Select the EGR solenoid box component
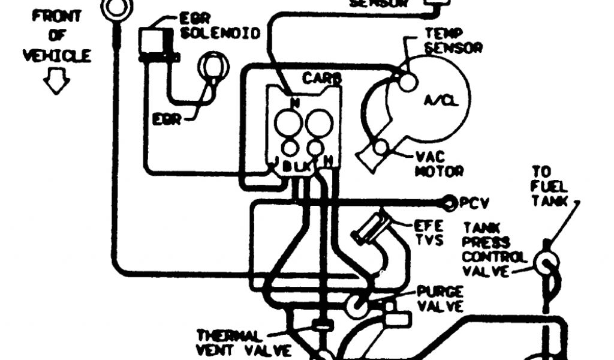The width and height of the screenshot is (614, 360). tap(155, 43)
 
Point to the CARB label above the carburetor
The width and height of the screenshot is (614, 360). tap(321, 79)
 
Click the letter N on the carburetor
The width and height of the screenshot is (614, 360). tap(295, 103)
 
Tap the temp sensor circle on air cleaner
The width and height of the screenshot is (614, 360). tap(407, 82)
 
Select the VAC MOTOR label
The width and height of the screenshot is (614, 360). tap(439, 163)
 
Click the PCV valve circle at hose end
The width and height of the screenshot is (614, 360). tap(449, 203)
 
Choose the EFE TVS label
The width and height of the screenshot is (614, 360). tap(428, 233)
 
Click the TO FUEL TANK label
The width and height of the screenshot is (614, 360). tap(549, 187)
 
